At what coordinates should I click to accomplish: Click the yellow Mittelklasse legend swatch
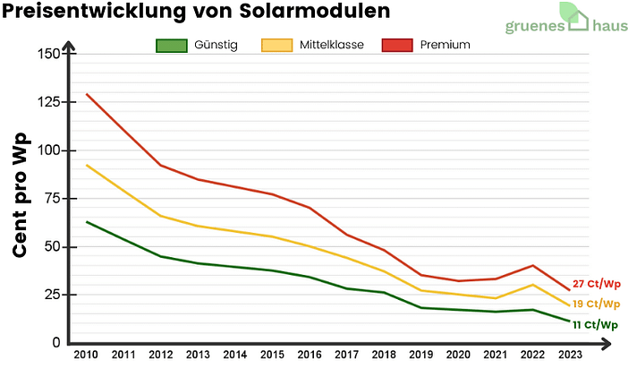point(275,45)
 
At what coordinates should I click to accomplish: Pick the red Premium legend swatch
point(396,45)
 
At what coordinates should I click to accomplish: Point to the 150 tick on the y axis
point(48,54)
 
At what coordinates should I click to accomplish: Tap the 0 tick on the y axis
point(56,343)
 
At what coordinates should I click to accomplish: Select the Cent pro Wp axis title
point(21,196)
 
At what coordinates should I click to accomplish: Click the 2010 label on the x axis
point(86,356)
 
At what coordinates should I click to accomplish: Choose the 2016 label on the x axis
point(310,356)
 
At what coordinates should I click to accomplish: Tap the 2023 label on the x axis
point(569,356)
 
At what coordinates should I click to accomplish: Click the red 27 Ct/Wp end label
point(596,284)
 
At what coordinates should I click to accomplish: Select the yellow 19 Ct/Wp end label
point(596,304)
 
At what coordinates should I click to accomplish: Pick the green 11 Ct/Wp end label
point(596,325)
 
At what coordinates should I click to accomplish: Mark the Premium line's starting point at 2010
point(86,94)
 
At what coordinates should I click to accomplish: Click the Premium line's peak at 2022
point(532,265)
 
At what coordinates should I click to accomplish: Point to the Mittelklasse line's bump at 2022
point(532,285)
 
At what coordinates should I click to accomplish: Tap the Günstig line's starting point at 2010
point(86,221)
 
